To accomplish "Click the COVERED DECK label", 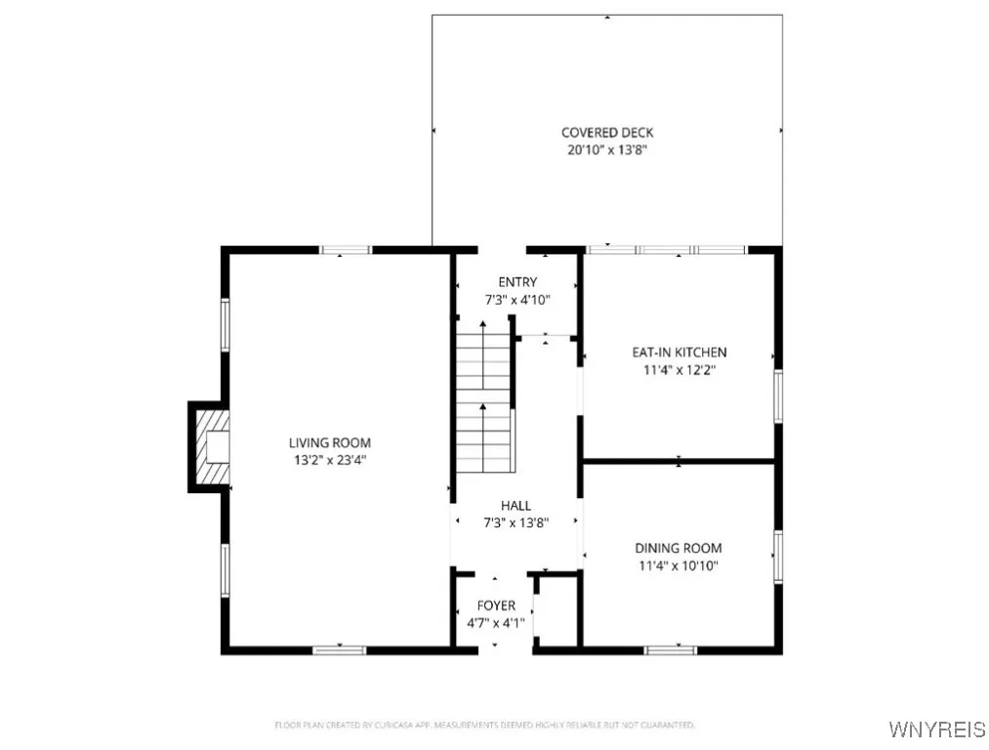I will (606, 133).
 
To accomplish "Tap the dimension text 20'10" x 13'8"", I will (606, 150).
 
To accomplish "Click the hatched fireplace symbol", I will (211, 447).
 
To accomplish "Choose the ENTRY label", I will (516, 282).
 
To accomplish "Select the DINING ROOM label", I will (679, 548).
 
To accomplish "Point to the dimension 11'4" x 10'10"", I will (679, 565).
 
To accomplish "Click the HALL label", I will (515, 505).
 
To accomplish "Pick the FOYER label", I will (496, 605).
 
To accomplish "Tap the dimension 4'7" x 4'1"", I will (496, 622).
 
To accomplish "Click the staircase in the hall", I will (485, 400).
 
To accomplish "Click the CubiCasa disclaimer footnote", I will (484, 726).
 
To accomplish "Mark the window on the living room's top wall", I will (347, 250).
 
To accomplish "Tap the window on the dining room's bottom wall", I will (671, 649).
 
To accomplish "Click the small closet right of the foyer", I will (556, 610).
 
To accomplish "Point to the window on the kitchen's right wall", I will (778, 396).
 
